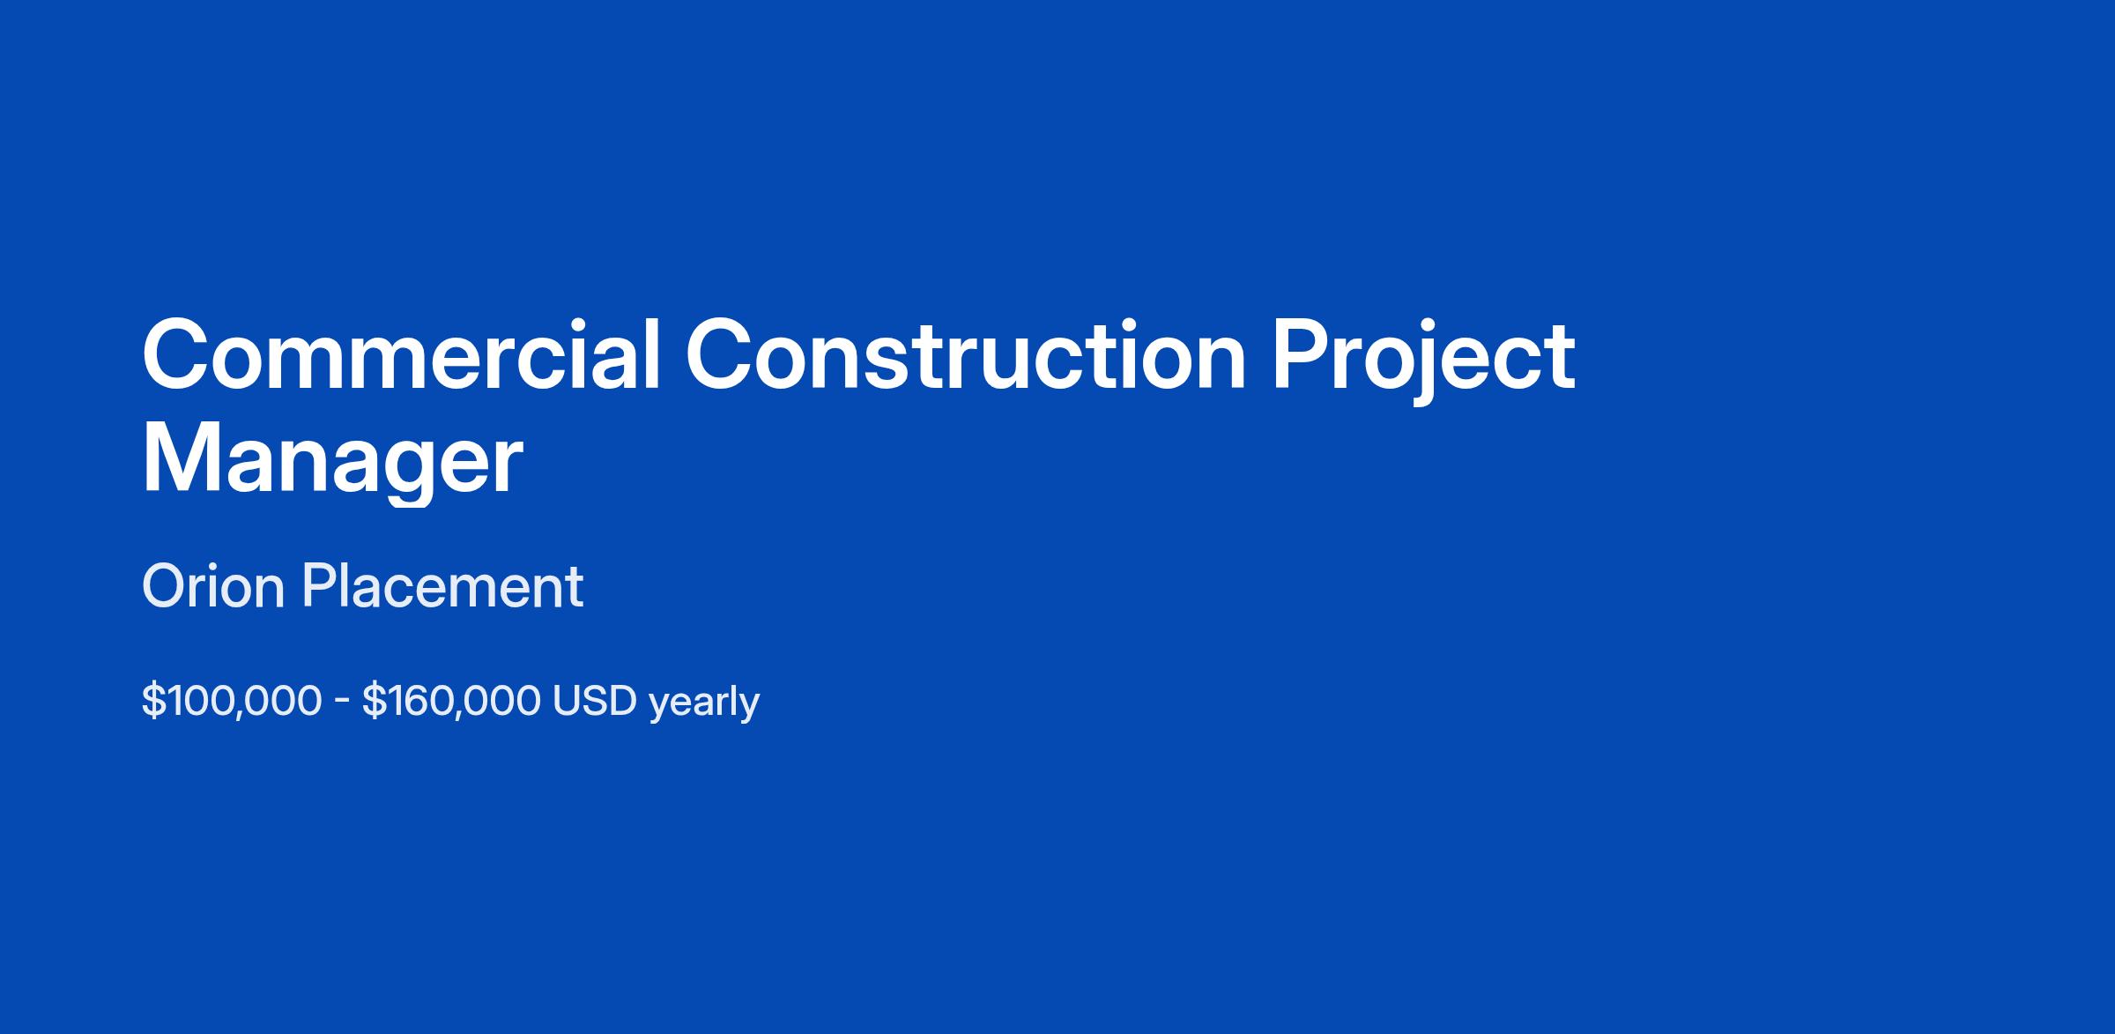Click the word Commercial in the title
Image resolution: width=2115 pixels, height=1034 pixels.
click(402, 354)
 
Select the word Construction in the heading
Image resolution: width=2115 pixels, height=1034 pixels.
click(966, 354)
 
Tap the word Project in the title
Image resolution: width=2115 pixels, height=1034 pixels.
click(1422, 361)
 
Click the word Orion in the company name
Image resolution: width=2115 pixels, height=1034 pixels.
click(213, 586)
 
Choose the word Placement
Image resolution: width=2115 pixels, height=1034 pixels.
click(442, 586)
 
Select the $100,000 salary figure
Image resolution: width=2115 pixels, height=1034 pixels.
click(232, 702)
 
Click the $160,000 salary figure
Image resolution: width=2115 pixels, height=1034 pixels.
click(451, 702)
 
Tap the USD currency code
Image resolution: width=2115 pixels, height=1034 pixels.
click(595, 701)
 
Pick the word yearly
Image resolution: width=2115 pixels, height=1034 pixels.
click(704, 703)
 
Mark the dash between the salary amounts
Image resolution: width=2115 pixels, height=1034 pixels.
click(343, 703)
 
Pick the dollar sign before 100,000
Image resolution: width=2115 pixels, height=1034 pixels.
click(152, 702)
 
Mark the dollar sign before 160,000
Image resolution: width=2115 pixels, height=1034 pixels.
click(374, 702)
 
